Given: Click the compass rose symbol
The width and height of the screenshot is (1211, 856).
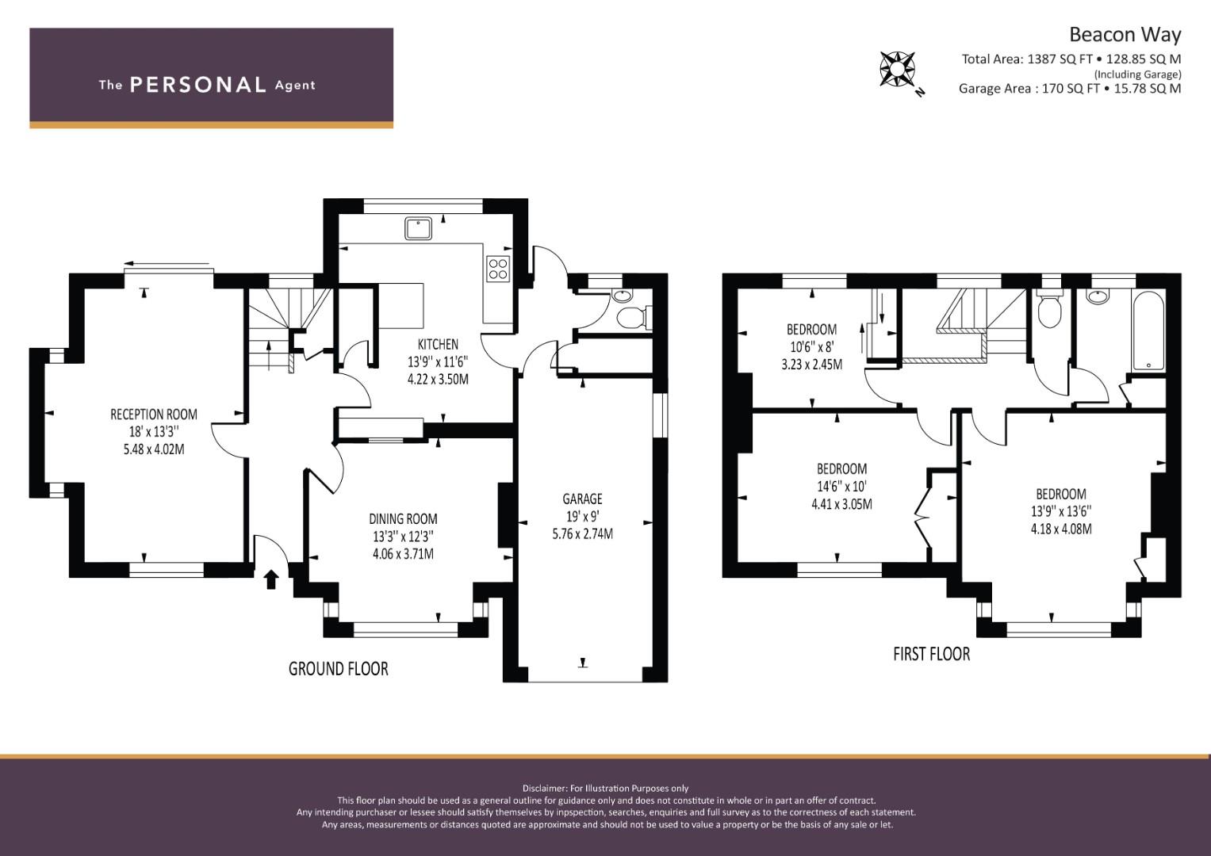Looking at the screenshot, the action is [898, 69].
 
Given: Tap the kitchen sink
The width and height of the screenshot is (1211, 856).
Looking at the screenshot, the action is [418, 228].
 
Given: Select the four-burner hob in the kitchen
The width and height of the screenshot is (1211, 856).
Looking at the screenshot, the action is [498, 269].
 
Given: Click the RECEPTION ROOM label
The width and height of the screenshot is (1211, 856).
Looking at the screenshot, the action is [154, 415].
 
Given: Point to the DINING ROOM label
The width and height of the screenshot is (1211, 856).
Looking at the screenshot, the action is [403, 519].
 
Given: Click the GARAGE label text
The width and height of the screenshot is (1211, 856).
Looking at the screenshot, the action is [582, 499].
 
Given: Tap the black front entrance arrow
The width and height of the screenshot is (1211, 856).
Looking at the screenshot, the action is [271, 579].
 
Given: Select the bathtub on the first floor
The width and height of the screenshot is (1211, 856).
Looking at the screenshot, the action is [1148, 331].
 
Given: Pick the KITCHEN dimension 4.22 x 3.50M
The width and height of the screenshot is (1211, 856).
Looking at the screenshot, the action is [438, 380].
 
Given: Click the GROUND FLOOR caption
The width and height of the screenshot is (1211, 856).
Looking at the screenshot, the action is [339, 669].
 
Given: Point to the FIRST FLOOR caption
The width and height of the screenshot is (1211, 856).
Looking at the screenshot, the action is [932, 655].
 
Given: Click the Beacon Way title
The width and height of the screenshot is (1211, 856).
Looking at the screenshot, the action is [1125, 35].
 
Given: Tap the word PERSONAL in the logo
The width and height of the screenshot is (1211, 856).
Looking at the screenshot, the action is [198, 85].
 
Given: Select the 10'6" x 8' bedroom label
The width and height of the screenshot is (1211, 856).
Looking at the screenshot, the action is [811, 347].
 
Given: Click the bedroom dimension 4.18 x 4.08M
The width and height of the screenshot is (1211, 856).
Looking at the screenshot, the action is [1061, 529].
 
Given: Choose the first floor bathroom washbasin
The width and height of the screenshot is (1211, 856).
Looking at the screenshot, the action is [1098, 296].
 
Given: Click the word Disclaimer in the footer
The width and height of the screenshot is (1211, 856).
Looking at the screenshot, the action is [545, 789].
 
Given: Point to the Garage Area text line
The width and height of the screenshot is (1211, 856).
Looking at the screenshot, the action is [1070, 89].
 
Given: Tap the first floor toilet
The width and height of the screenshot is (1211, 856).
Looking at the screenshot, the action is [1049, 311].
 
